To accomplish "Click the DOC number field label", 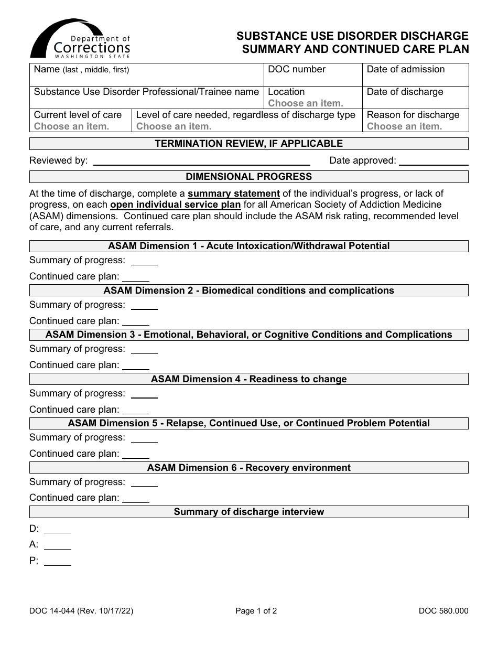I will click(297, 69).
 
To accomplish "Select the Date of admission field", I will click(415, 75).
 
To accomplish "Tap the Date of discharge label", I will click(405, 92).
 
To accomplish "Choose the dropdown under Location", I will click(306, 103).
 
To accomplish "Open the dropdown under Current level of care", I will click(71, 126).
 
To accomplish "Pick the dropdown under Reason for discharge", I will click(404, 126).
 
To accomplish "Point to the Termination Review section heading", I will click(248, 144).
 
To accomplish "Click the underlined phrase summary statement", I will click(234, 193).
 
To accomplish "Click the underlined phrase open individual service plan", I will click(176, 205).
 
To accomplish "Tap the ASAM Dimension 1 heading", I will click(248, 246).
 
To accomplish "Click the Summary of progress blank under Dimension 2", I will click(144, 306).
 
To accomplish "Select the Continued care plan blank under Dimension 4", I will click(136, 411).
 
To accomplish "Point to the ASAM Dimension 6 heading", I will click(248, 468).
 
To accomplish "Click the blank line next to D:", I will click(58, 530).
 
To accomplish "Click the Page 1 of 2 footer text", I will click(256, 610).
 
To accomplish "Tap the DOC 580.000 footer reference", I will click(443, 610).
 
